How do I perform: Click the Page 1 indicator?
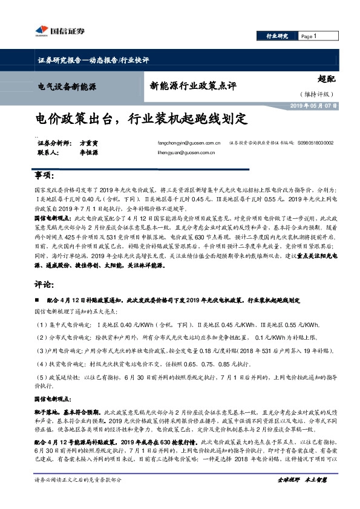(310, 37)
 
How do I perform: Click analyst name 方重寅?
(89, 143)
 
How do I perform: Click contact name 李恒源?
(89, 153)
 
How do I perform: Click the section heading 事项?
(43, 176)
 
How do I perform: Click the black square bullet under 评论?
(38, 300)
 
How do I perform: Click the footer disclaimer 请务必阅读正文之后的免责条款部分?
(79, 479)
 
